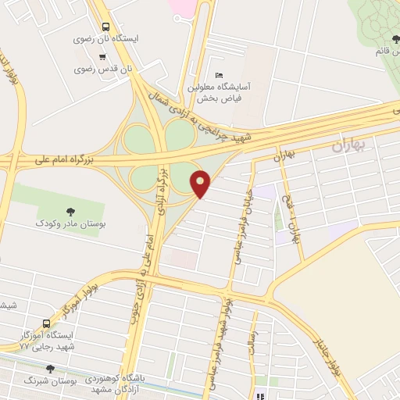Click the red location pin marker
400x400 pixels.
click(201, 184)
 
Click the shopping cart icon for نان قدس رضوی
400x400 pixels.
click(102, 56)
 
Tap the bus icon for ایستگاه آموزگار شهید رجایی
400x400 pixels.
click(47, 323)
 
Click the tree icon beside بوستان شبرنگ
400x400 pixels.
click(51, 368)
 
